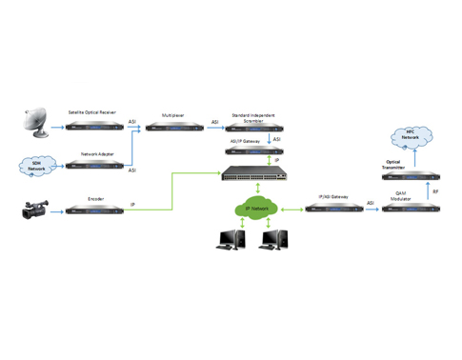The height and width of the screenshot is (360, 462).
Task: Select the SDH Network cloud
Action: pos(31,166)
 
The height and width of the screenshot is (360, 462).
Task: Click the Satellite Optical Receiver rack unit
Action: pos(92,125)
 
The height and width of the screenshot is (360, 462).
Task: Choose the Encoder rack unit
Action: pos(92,211)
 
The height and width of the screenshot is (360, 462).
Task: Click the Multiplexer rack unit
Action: pos(172,126)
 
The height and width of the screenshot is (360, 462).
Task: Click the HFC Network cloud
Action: pos(411,138)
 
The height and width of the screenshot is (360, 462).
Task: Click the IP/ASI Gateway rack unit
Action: pos(333,208)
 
